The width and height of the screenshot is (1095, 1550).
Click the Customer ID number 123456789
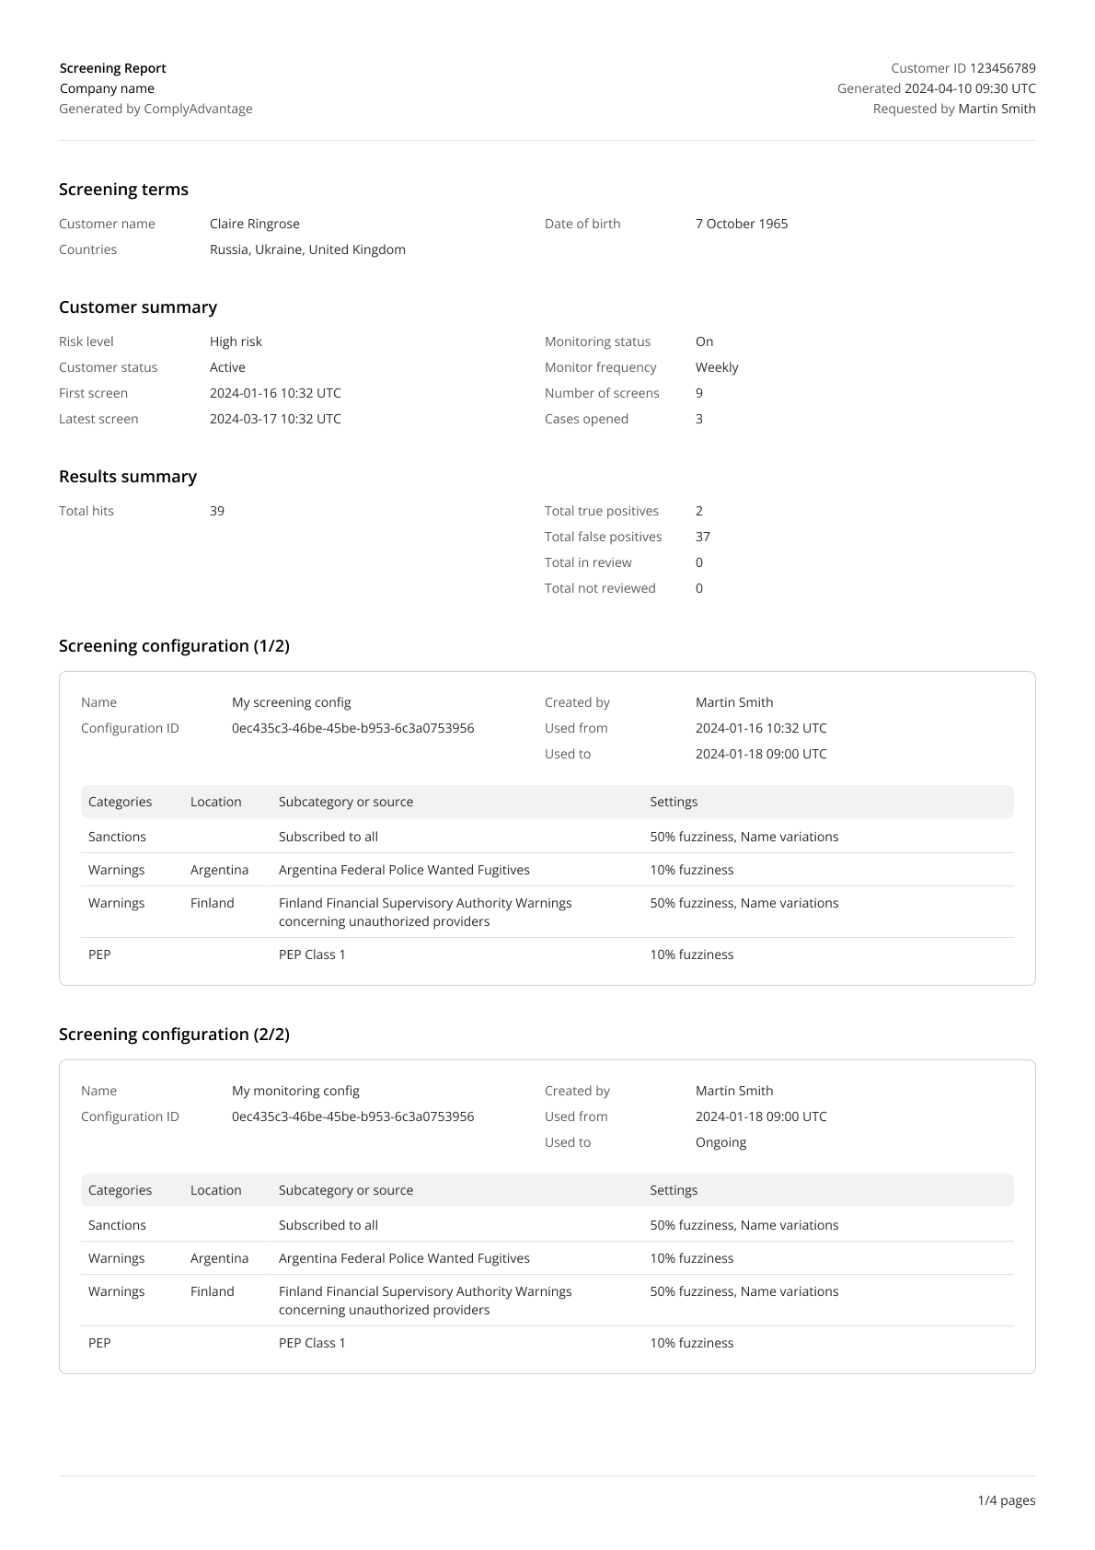[1002, 68]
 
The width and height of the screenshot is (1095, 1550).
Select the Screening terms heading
[123, 190]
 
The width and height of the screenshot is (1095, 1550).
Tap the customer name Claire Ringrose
[255, 224]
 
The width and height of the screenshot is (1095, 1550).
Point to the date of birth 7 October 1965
[742, 224]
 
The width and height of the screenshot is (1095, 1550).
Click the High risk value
[236, 341]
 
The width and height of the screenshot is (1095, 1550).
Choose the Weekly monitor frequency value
[717, 367]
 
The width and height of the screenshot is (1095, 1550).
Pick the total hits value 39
[217, 511]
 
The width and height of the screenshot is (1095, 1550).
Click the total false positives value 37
[703, 537]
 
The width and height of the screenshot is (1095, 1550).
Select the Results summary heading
[128, 477]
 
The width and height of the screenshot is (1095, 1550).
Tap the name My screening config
[292, 702]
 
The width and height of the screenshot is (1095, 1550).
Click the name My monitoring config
[295, 1091]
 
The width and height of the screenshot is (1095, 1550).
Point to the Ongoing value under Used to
[720, 1142]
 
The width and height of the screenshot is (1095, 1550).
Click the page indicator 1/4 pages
[1006, 1500]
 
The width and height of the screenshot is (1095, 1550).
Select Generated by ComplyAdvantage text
[156, 109]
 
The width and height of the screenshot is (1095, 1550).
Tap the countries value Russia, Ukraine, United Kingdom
[307, 249]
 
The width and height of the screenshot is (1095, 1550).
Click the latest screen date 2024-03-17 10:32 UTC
[275, 419]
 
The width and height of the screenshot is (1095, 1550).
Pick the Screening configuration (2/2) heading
[174, 1035]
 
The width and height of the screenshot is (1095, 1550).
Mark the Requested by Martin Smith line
[954, 109]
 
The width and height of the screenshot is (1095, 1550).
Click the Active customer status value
[227, 367]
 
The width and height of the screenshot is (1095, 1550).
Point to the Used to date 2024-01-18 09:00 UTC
[761, 754]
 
